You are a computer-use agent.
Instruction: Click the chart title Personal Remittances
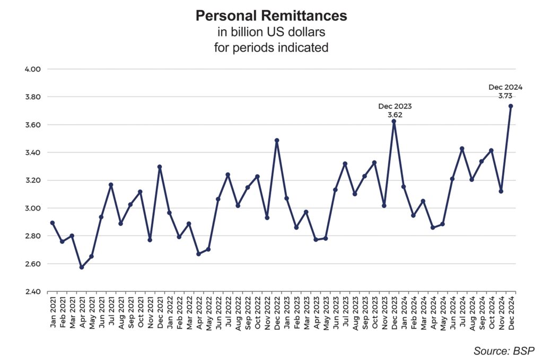click(x=271, y=16)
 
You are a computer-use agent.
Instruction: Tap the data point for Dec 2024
click(x=511, y=106)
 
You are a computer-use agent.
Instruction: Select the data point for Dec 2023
click(x=393, y=121)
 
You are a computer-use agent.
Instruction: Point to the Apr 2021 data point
click(x=82, y=267)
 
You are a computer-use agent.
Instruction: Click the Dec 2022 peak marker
click(x=277, y=141)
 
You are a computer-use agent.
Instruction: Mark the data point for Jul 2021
click(x=111, y=185)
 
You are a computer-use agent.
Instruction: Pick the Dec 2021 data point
click(x=160, y=166)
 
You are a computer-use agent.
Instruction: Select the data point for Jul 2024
click(x=462, y=148)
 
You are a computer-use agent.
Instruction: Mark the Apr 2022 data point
click(x=199, y=254)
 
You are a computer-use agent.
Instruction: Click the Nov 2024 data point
click(x=501, y=191)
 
